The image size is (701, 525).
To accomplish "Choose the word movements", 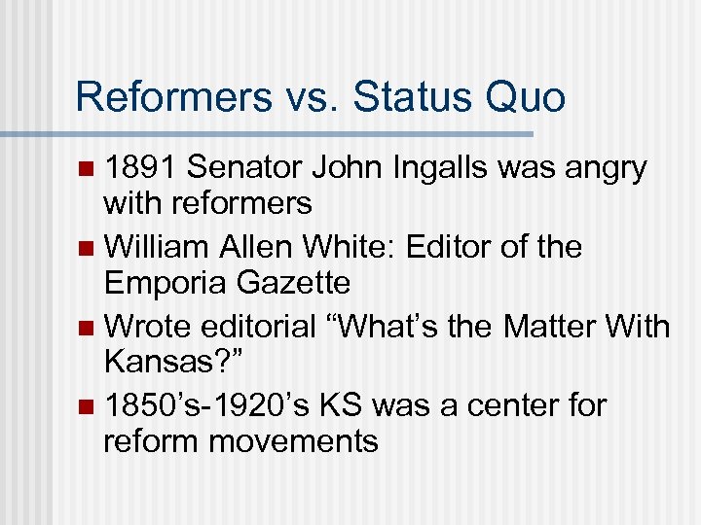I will pyautogui.click(x=293, y=440).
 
